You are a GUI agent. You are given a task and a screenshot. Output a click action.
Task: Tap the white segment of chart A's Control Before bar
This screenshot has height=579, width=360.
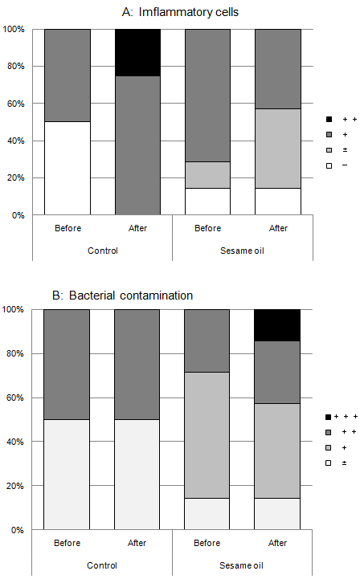(67, 168)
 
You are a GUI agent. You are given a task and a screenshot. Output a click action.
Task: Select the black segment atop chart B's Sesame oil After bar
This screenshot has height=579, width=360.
(278, 324)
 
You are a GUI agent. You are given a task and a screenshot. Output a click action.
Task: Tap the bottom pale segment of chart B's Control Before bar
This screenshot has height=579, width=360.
(67, 474)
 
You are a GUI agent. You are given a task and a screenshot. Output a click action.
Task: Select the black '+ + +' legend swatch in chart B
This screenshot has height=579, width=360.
(328, 417)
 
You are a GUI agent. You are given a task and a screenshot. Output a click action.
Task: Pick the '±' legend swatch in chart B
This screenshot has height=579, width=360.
(328, 463)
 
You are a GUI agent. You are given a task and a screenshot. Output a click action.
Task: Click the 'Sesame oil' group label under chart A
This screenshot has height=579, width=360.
(243, 250)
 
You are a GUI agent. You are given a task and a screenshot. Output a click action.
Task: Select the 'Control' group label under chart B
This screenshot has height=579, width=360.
(102, 565)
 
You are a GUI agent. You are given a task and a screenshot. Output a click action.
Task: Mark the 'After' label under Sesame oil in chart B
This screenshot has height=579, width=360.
(278, 543)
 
